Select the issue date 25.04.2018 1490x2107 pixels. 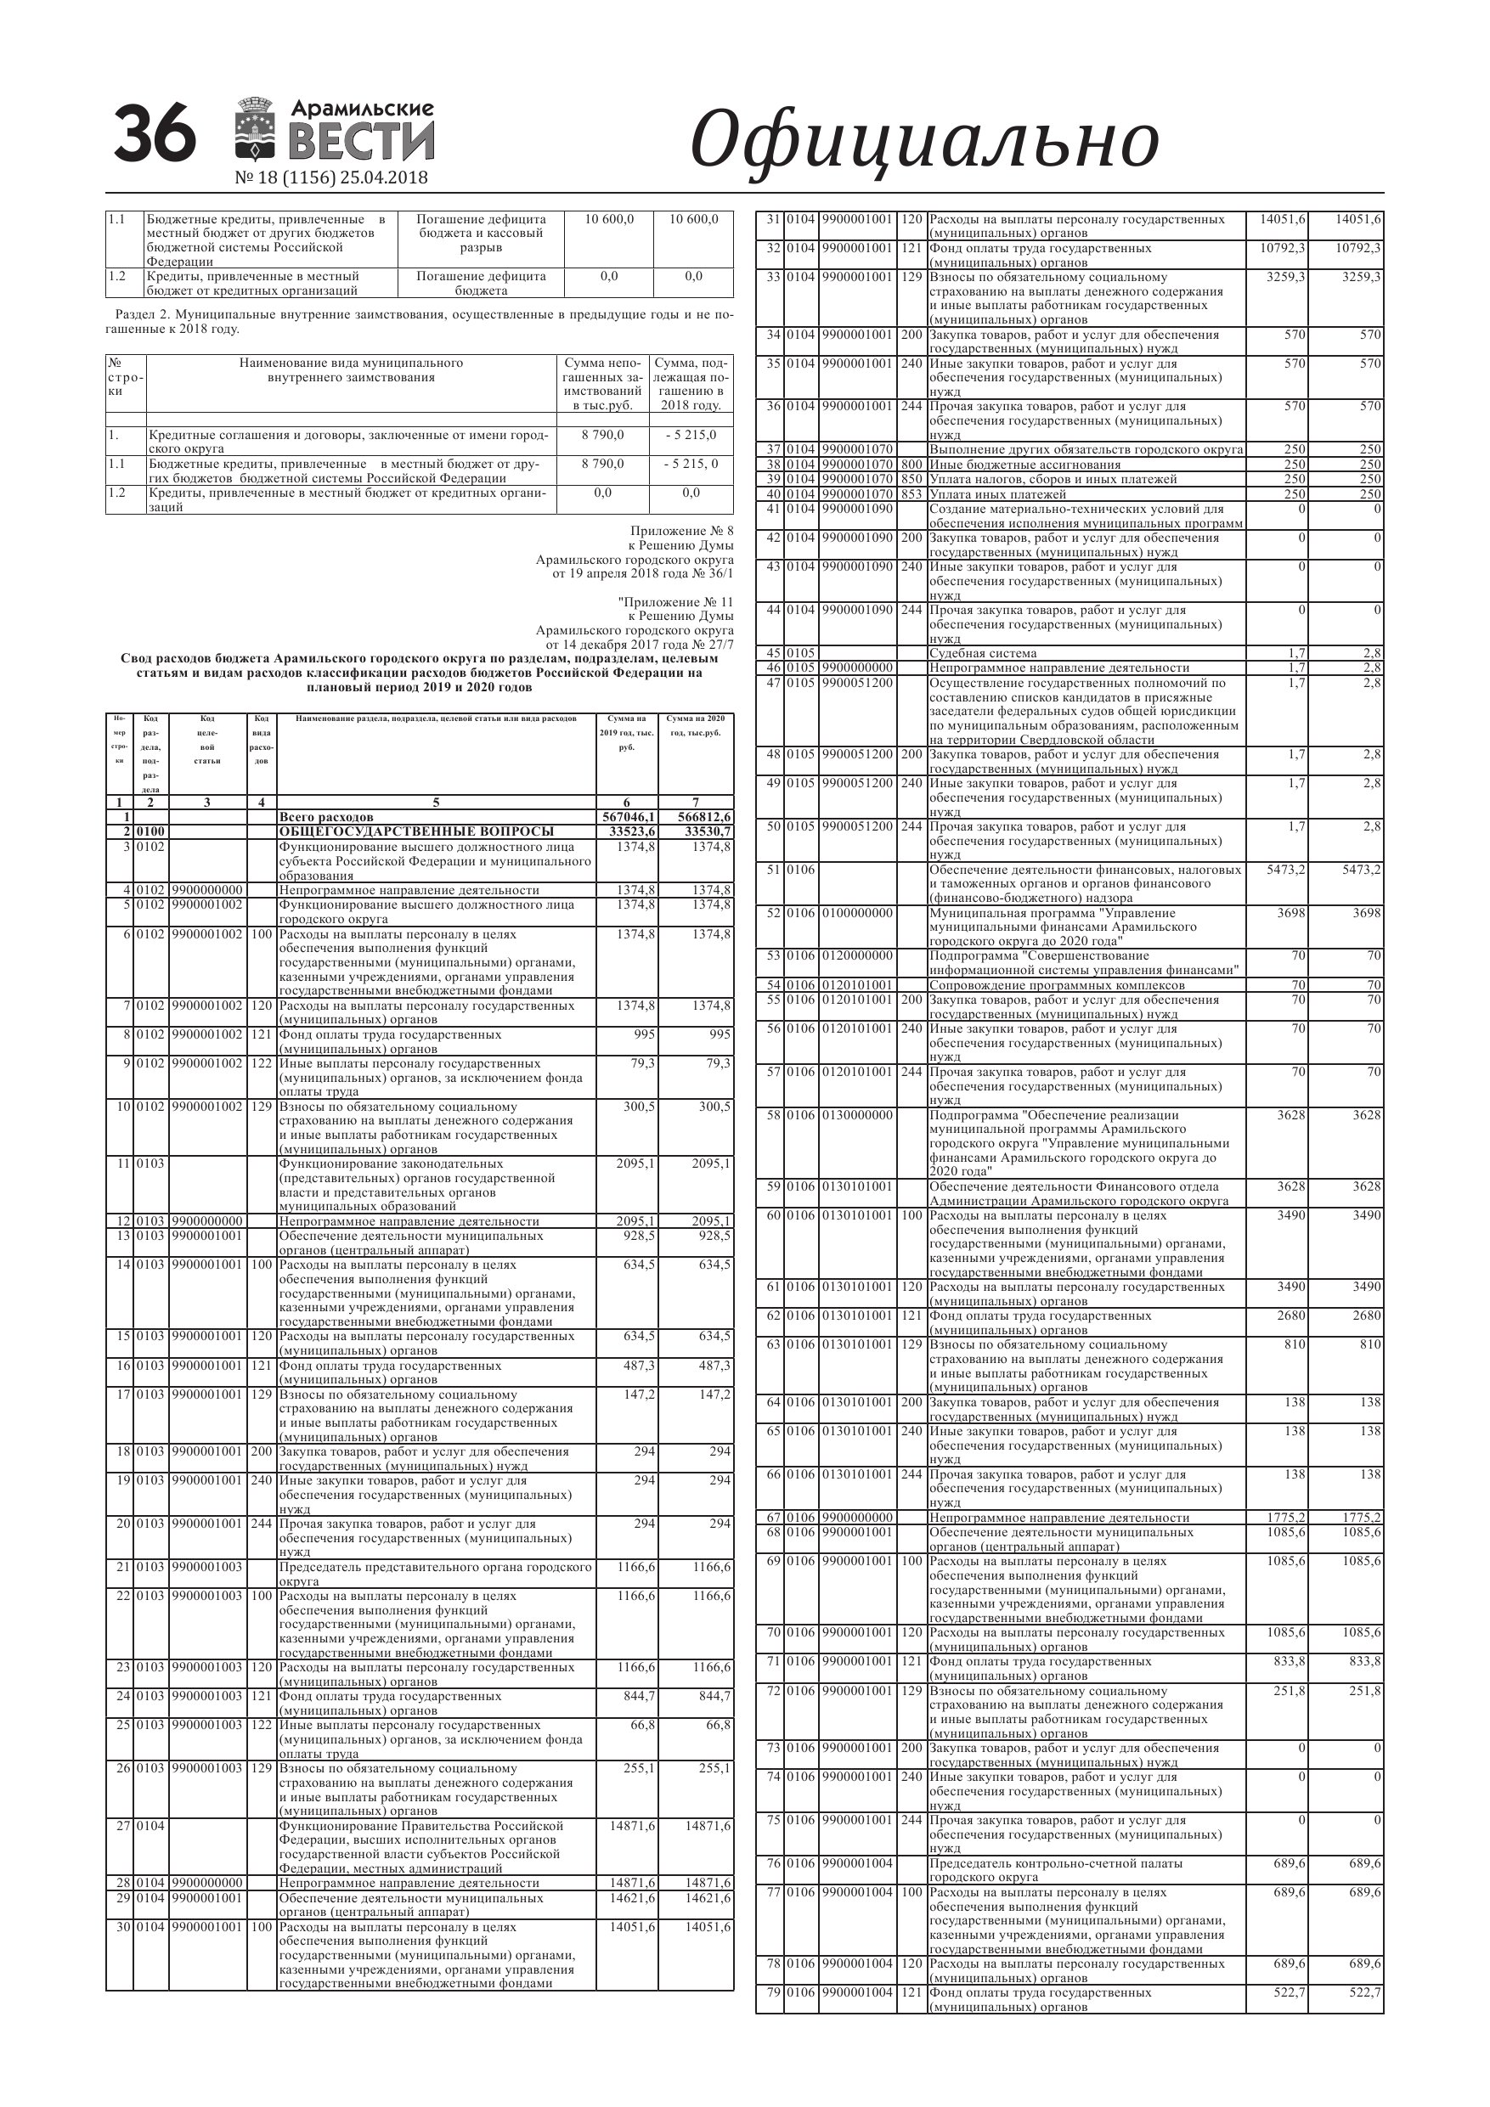pos(383,178)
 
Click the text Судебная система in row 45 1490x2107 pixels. pos(982,653)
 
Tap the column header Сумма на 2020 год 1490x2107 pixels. pos(695,725)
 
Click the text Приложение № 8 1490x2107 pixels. pos(682,532)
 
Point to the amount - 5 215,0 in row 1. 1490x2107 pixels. pos(691,435)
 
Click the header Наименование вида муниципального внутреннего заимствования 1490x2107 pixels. pos(351,369)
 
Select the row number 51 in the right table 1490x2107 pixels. pos(772,870)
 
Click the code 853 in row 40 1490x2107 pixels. pos(911,494)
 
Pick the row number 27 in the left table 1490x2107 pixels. pos(123,1826)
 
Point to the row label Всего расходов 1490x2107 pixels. pos(326,817)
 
